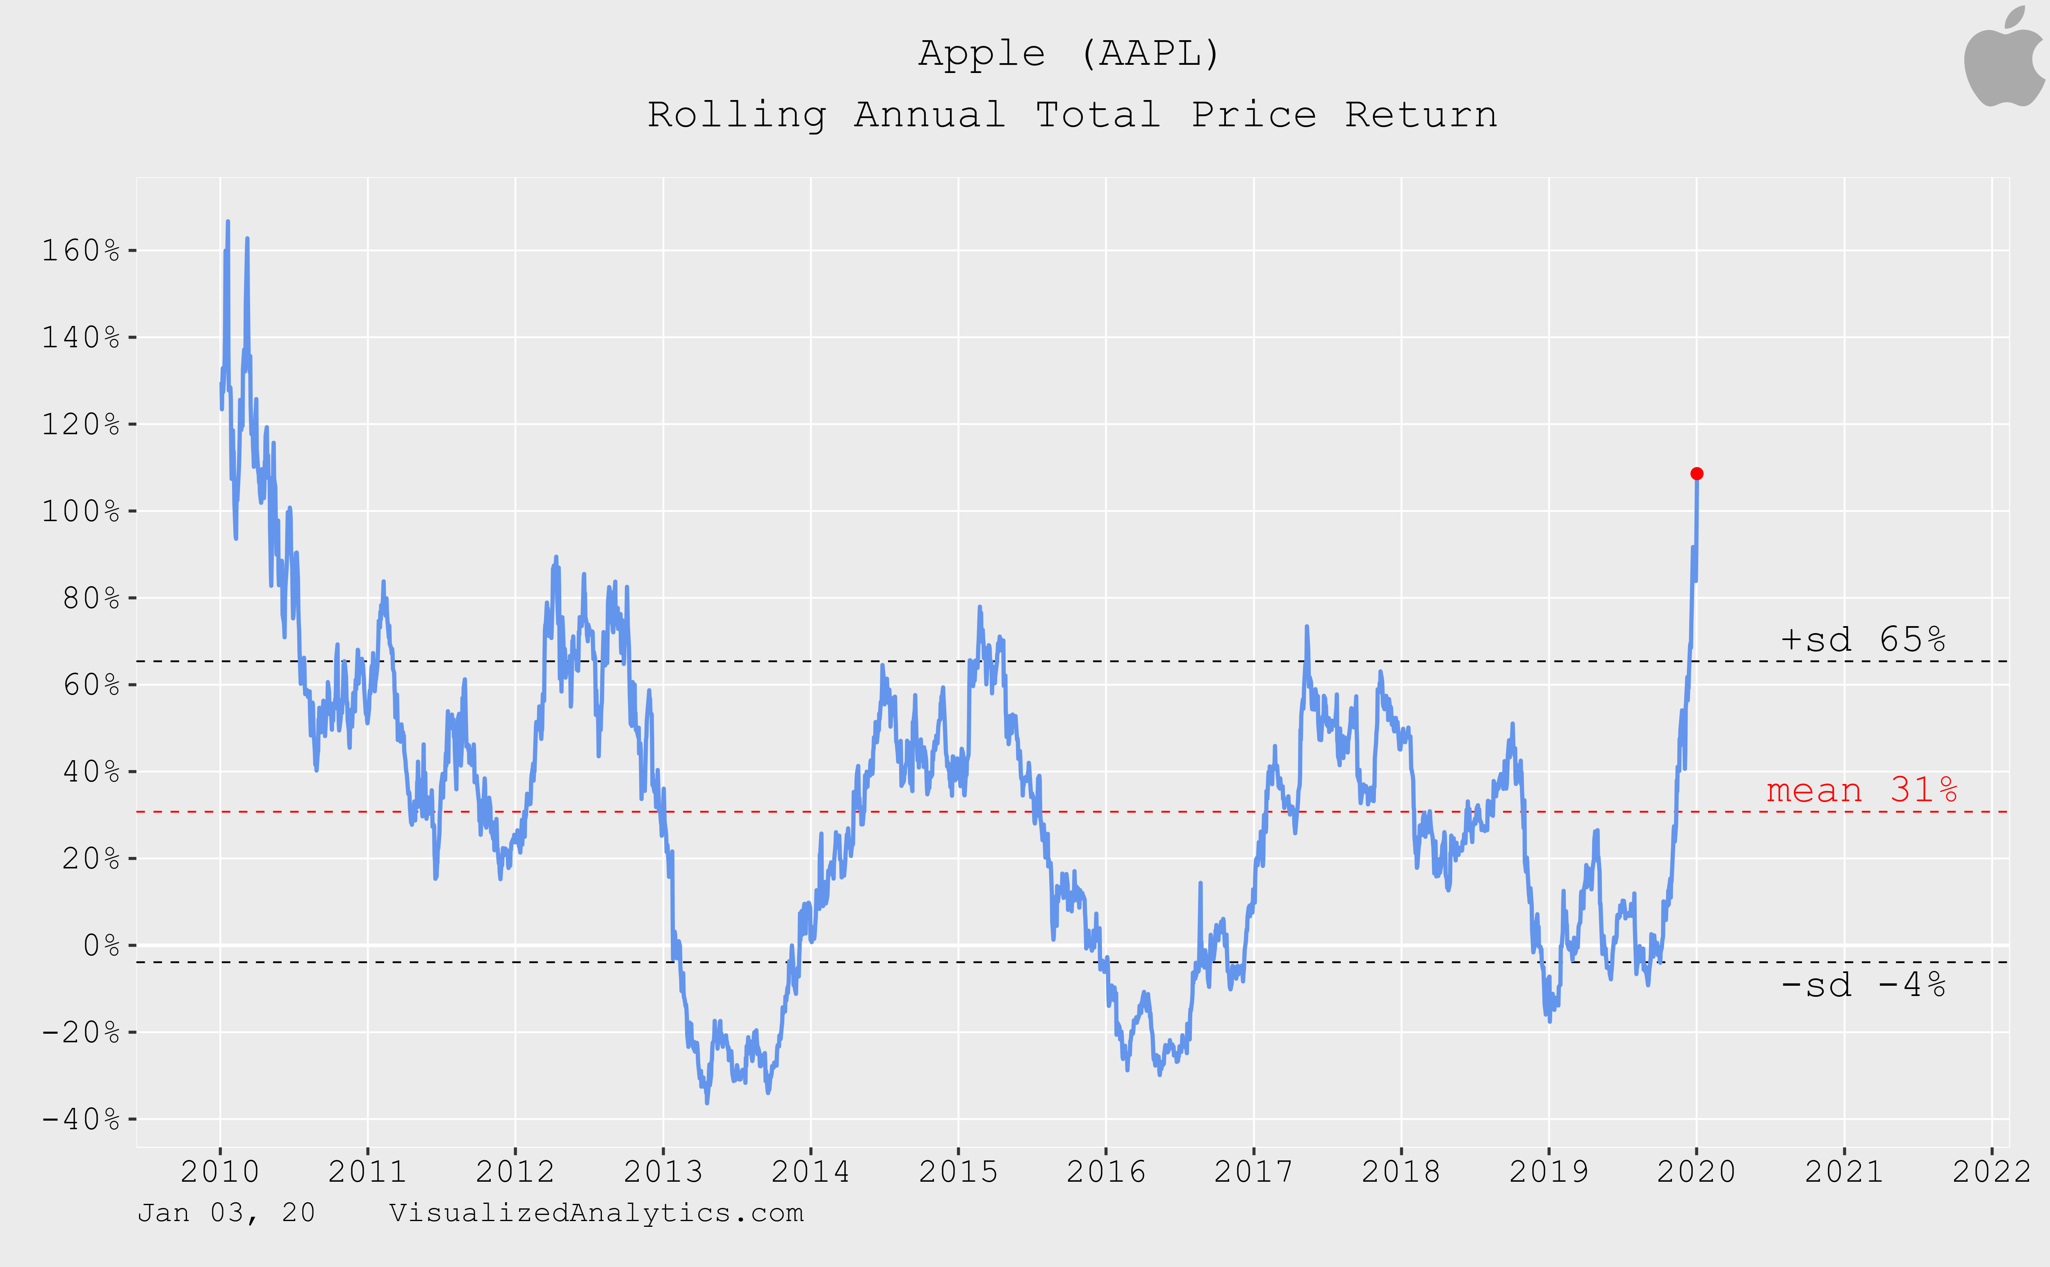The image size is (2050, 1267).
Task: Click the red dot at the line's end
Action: [x=1697, y=474]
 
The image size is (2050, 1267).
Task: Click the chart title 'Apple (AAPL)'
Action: [x=1070, y=54]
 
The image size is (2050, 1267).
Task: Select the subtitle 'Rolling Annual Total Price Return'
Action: [x=1072, y=115]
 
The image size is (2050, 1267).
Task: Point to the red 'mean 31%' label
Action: [x=1861, y=790]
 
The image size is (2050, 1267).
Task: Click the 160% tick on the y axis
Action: [x=81, y=251]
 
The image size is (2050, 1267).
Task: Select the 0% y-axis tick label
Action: [x=101, y=945]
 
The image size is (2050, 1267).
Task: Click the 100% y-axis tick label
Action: [x=81, y=511]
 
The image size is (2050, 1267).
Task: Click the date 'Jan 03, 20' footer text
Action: [x=226, y=1212]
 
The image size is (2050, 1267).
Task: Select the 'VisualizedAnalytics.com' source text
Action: [x=597, y=1212]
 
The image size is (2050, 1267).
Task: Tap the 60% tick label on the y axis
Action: [x=91, y=685]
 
